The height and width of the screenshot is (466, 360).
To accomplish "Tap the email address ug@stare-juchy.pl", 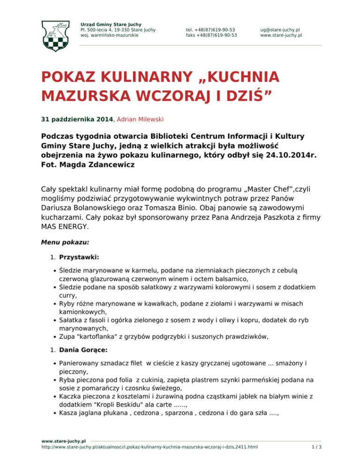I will tap(280, 29).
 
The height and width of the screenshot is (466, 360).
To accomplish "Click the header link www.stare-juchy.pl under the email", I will tap(281, 35).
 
